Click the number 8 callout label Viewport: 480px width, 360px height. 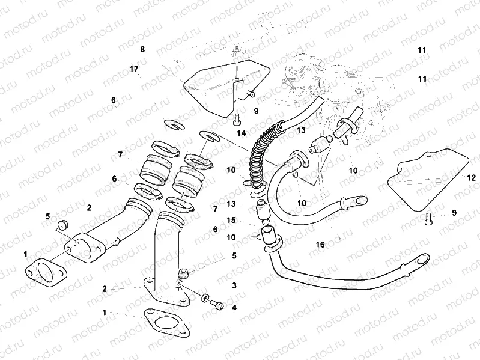pos(142,49)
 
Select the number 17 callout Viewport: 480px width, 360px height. pos(134,69)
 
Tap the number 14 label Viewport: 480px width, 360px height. pos(242,133)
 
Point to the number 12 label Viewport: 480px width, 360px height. pos(472,177)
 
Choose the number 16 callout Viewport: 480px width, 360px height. pos(320,245)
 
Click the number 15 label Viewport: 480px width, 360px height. pos(231,220)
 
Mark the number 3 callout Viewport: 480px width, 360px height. pos(234,285)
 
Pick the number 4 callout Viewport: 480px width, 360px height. pos(234,307)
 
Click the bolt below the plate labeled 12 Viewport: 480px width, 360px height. pos(428,219)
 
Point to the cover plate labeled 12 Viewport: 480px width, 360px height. pos(428,179)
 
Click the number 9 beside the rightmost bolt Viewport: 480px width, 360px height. pos(454,212)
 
